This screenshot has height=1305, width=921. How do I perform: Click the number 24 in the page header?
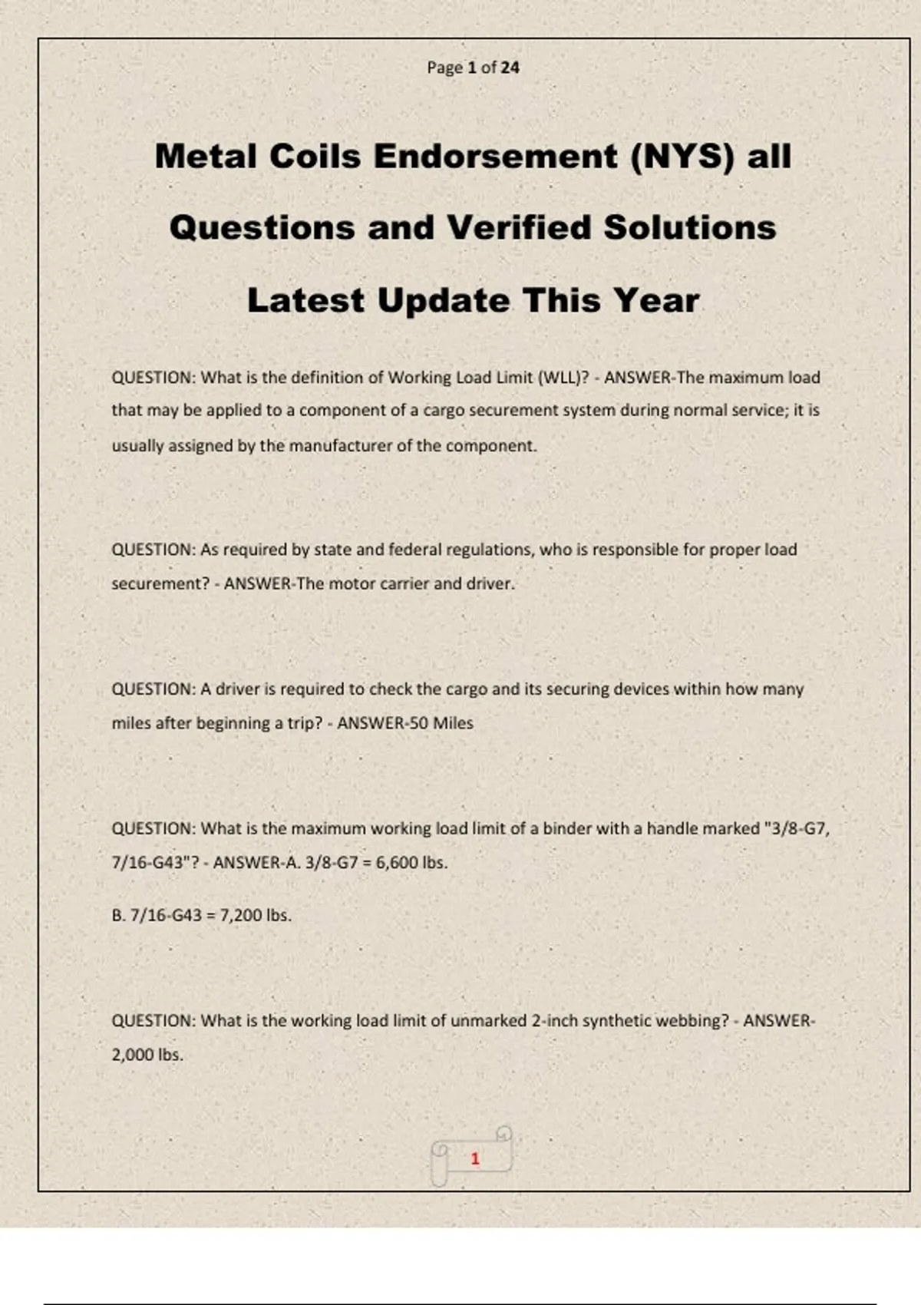510,68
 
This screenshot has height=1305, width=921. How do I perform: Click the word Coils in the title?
314,157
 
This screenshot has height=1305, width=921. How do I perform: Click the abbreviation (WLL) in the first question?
562,378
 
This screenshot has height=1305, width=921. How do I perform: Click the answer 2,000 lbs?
147,1055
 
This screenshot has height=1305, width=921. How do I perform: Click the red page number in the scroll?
475,1158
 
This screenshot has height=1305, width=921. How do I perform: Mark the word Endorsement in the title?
495,157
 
